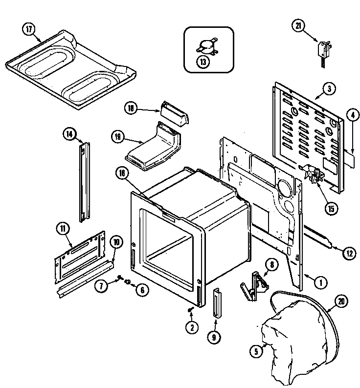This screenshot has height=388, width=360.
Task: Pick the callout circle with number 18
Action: (x=131, y=108)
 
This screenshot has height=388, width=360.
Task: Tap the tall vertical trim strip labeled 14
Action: (x=86, y=181)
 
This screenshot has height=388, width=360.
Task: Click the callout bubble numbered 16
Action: (x=122, y=172)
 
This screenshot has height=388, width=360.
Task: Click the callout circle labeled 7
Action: (x=101, y=286)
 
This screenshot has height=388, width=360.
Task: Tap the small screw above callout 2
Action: (x=191, y=309)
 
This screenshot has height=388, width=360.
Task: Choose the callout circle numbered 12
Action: (x=348, y=253)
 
